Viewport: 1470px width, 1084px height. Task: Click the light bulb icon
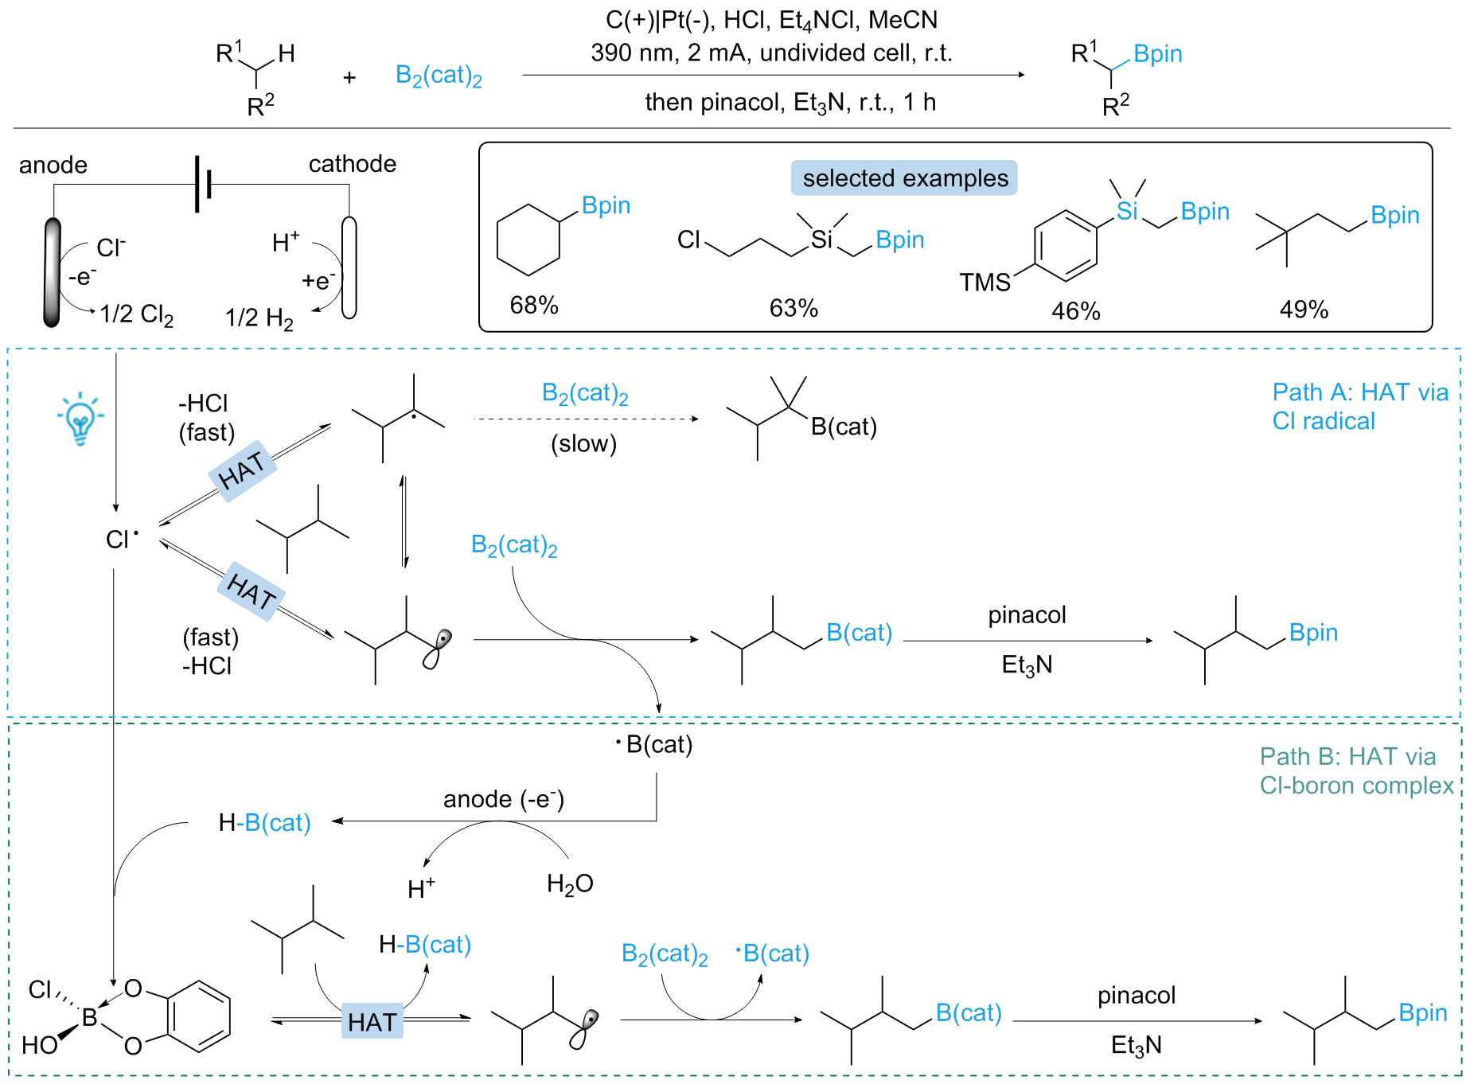(x=80, y=418)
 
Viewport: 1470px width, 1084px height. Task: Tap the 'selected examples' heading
(x=905, y=177)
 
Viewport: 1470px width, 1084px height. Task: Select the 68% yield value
(x=534, y=305)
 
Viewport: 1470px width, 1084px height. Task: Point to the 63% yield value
(x=793, y=308)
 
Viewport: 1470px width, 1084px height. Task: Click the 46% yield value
(x=1075, y=310)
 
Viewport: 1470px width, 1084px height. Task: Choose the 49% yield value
(x=1304, y=309)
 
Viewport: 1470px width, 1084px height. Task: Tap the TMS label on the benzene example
(x=985, y=282)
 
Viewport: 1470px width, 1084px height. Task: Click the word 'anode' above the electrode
(x=53, y=165)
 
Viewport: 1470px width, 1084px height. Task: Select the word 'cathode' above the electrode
(x=353, y=164)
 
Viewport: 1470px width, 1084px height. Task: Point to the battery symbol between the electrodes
(x=203, y=185)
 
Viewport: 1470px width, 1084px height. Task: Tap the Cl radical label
(x=122, y=539)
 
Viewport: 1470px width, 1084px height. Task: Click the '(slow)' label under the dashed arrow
(x=584, y=443)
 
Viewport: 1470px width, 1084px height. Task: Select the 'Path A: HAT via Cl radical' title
(x=1360, y=406)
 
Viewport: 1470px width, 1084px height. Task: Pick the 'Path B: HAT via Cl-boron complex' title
(x=1356, y=770)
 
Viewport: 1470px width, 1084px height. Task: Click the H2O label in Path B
(x=570, y=883)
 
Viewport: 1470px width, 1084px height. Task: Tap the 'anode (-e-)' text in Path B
(x=504, y=798)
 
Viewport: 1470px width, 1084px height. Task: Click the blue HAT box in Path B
(x=372, y=1021)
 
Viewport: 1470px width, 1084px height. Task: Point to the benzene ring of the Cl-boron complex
(x=199, y=1016)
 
